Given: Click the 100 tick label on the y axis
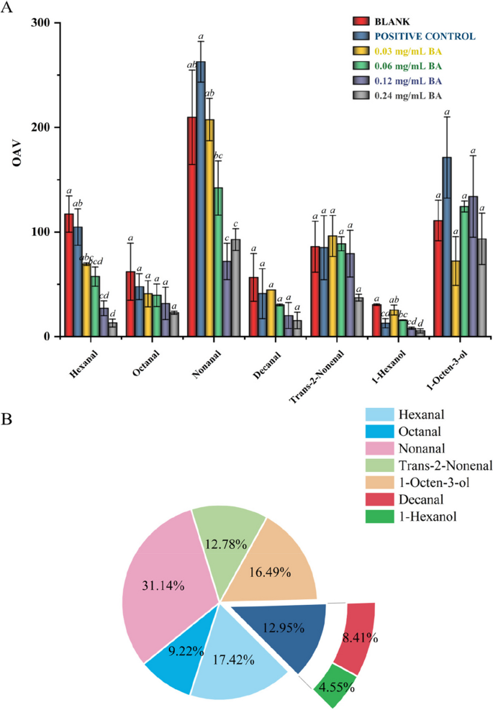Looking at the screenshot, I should [x=43, y=232].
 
